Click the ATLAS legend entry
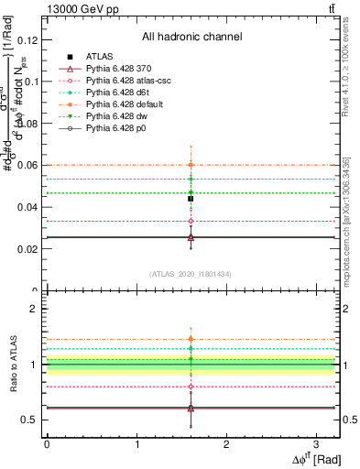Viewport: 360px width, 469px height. (x=98, y=56)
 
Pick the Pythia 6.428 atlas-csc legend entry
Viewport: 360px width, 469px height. (x=127, y=82)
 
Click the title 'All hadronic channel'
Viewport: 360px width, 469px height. (x=191, y=37)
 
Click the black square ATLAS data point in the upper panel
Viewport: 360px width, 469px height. (x=191, y=199)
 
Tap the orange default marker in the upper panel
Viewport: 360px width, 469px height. (x=191, y=165)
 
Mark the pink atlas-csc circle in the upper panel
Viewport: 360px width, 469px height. (x=191, y=221)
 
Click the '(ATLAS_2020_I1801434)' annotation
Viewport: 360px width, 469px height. (x=191, y=274)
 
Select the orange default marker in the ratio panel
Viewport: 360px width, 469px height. (x=191, y=339)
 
